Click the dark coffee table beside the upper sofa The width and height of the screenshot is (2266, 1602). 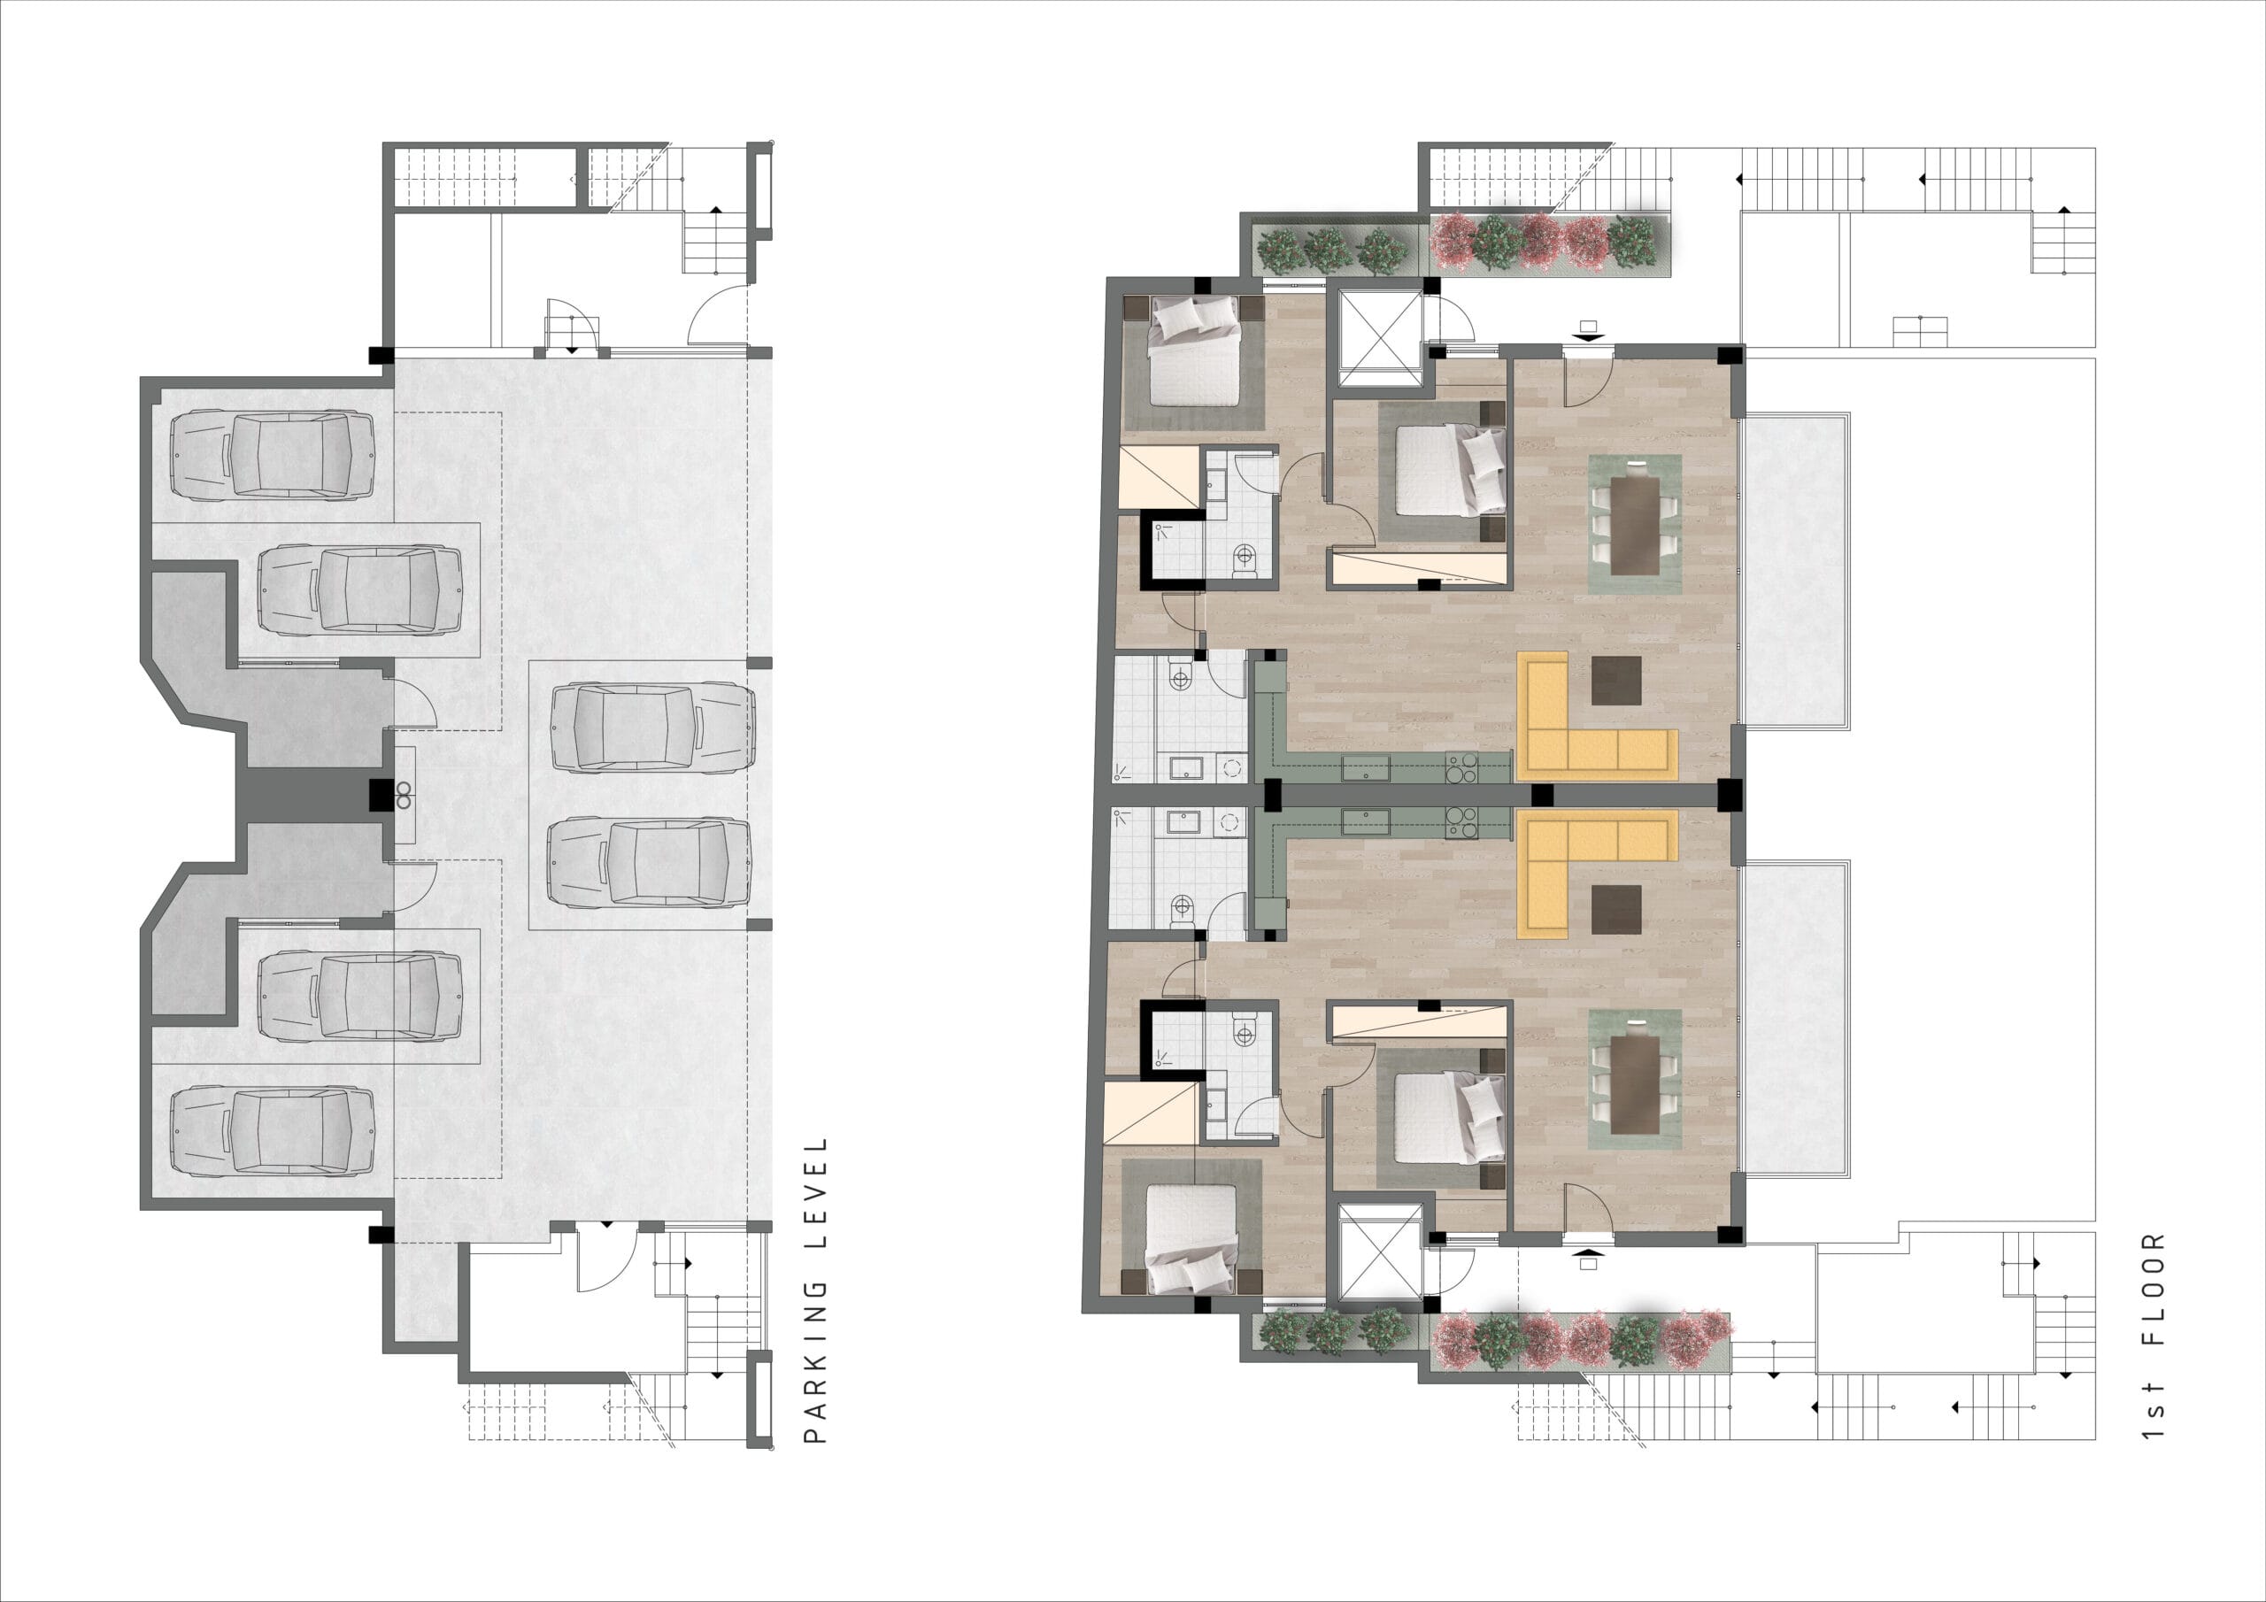[1616, 682]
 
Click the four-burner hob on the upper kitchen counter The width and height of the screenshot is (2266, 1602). [1461, 767]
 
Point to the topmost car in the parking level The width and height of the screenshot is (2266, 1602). [274, 454]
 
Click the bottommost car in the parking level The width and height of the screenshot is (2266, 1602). [274, 1131]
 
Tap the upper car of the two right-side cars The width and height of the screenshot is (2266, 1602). [652, 728]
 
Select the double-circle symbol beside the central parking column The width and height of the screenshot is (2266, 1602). [404, 796]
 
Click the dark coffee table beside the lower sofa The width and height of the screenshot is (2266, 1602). [1616, 909]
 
